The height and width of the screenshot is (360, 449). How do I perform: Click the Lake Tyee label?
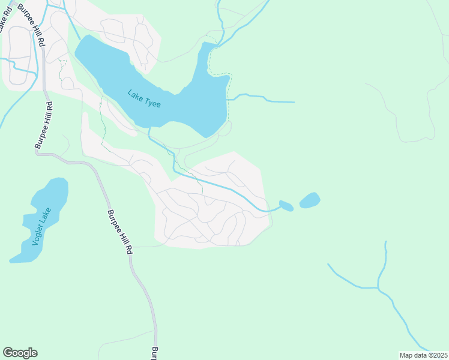tap(144, 98)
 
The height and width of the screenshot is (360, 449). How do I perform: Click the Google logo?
tap(20, 353)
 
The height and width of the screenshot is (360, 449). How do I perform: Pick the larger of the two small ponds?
tap(310, 200)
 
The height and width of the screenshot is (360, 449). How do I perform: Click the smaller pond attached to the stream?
tap(286, 206)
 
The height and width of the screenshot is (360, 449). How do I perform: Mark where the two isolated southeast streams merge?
tap(378, 287)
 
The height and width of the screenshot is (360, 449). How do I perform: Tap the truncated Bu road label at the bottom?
tap(155, 353)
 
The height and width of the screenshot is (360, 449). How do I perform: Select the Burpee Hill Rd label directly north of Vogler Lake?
tap(44, 126)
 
